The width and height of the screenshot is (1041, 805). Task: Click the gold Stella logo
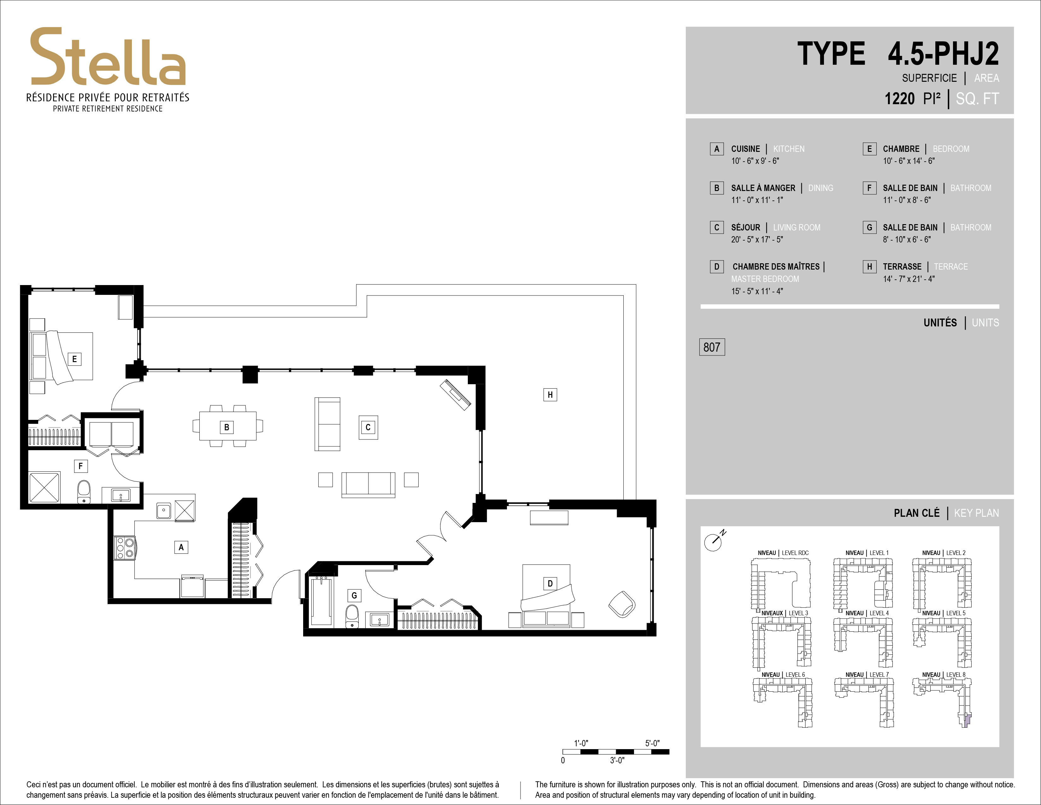pyautogui.click(x=108, y=57)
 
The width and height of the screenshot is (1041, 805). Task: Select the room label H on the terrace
pyautogui.click(x=550, y=394)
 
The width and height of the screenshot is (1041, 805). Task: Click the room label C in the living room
pyautogui.click(x=368, y=427)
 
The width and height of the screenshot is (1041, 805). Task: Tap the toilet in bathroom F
pyautogui.click(x=84, y=492)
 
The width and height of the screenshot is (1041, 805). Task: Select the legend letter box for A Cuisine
pyautogui.click(x=716, y=149)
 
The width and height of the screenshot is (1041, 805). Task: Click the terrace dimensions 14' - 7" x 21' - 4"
pyautogui.click(x=909, y=279)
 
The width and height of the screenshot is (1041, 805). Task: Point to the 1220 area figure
pyautogui.click(x=899, y=99)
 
